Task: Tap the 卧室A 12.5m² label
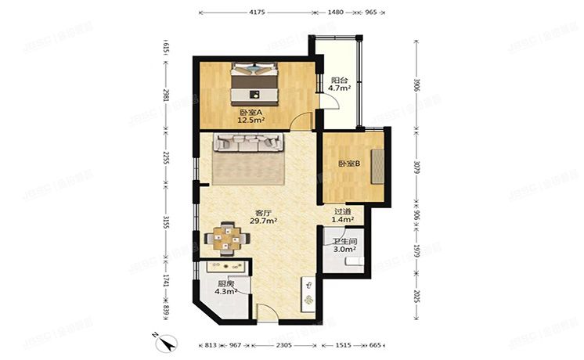pyautogui.click(x=251, y=117)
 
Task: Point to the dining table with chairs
pyautogui.click(x=223, y=237)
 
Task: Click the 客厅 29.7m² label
pyautogui.click(x=265, y=217)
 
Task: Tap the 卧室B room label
pyautogui.click(x=348, y=164)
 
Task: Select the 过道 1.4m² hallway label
pyautogui.click(x=343, y=216)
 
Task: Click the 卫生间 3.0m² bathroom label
pyautogui.click(x=344, y=245)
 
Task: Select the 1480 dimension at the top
pyautogui.click(x=335, y=13)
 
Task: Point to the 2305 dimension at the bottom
pyautogui.click(x=285, y=344)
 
